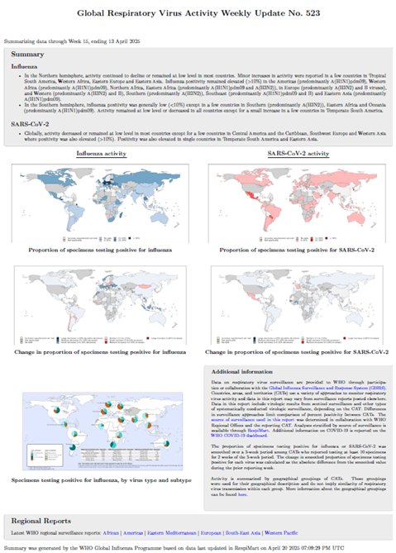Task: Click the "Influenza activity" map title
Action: coord(103,154)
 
